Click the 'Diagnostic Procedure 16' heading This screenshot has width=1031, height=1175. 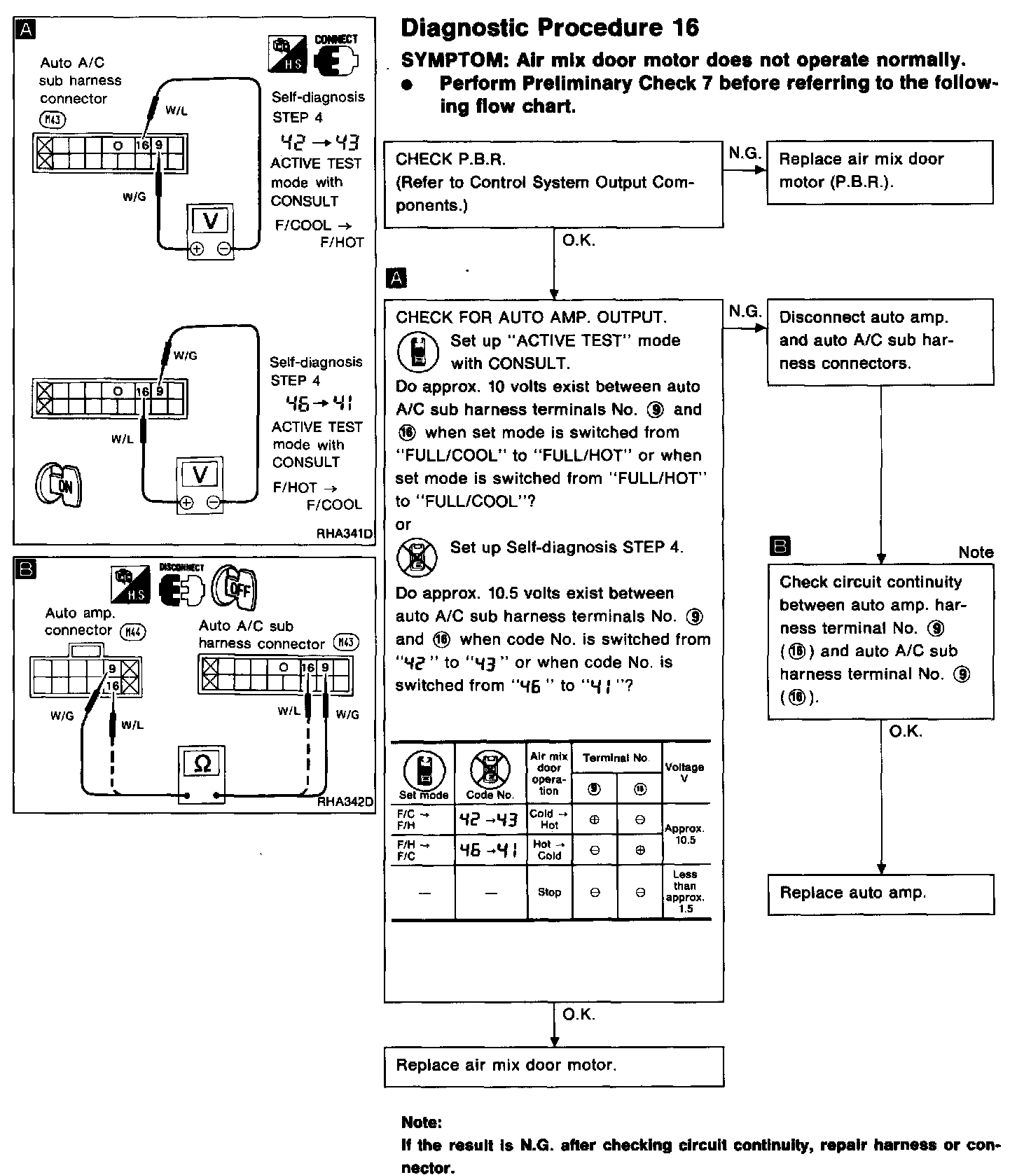click(x=550, y=27)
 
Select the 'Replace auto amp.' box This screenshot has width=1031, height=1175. click(x=880, y=894)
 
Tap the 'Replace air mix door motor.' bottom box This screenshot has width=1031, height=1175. click(x=553, y=1066)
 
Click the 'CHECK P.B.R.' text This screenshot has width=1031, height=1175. click(x=450, y=159)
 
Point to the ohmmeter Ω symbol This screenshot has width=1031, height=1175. click(x=202, y=763)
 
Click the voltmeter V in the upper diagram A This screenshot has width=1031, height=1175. click(x=210, y=221)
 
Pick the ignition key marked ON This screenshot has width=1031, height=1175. click(x=59, y=485)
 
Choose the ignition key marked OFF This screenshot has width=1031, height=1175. click(x=235, y=587)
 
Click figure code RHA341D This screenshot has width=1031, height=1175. click(x=345, y=534)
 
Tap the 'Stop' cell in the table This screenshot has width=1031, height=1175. click(x=549, y=892)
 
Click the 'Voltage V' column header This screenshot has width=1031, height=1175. click(x=684, y=772)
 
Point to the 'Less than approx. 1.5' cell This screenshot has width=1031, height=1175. click(x=685, y=891)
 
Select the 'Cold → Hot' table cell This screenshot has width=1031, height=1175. click(x=549, y=819)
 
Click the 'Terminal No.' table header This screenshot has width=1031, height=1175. click(x=616, y=758)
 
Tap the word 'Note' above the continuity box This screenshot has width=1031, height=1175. click(x=976, y=552)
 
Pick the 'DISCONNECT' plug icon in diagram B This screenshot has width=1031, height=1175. click(x=181, y=587)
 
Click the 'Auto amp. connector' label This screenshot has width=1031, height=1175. click(x=79, y=622)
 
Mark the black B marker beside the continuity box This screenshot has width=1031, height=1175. click(x=779, y=545)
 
